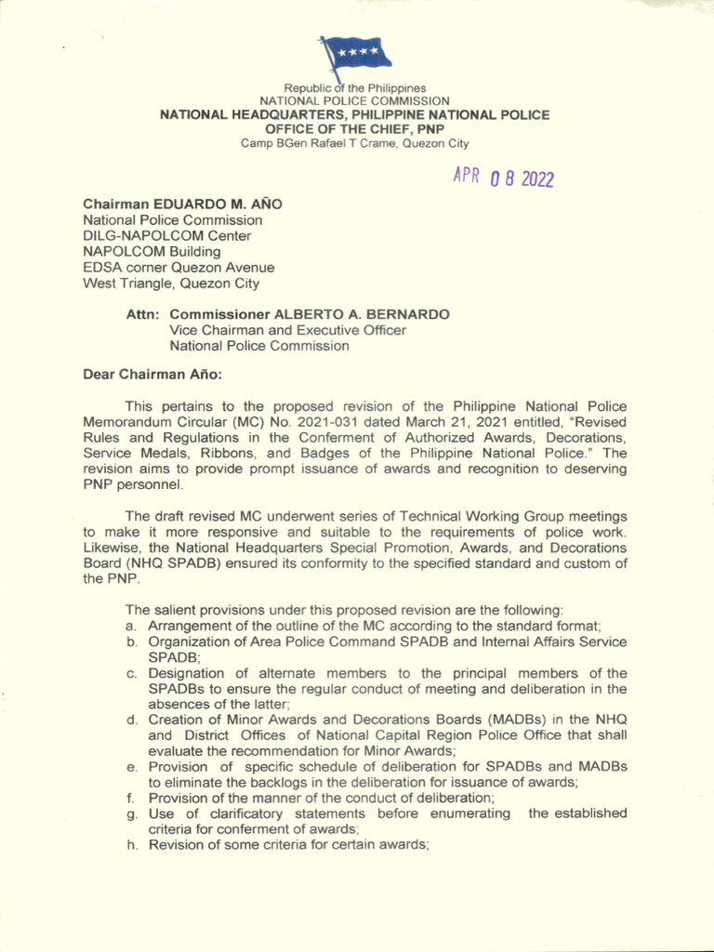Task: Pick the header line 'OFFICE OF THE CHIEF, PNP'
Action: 354,129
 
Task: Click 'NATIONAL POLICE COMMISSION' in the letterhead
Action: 354,100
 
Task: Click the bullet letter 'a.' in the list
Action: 132,627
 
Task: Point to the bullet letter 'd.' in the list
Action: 132,720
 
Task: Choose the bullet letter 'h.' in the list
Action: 132,845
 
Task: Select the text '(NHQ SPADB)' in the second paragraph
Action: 122,563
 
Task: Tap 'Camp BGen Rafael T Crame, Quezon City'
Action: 354,144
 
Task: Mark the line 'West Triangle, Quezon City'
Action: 171,284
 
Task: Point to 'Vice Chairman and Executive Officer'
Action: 287,330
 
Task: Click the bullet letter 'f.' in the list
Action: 132,798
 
